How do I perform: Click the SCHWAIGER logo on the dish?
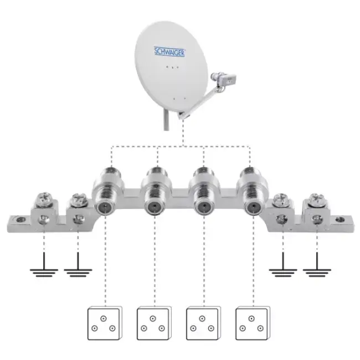click(169, 52)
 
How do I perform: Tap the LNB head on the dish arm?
click(223, 79)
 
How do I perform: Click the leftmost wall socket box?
click(105, 323)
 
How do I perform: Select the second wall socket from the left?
click(154, 323)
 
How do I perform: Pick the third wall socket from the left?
click(203, 323)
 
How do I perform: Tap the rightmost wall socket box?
click(253, 323)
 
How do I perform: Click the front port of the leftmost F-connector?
click(105, 207)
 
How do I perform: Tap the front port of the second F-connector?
click(154, 207)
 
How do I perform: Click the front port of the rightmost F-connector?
click(253, 207)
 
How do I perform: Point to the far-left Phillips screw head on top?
click(44, 199)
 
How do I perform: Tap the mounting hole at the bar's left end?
click(20, 220)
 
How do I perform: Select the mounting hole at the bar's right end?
click(340, 220)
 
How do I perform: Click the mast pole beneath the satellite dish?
click(167, 120)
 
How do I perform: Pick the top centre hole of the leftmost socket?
click(104, 318)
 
